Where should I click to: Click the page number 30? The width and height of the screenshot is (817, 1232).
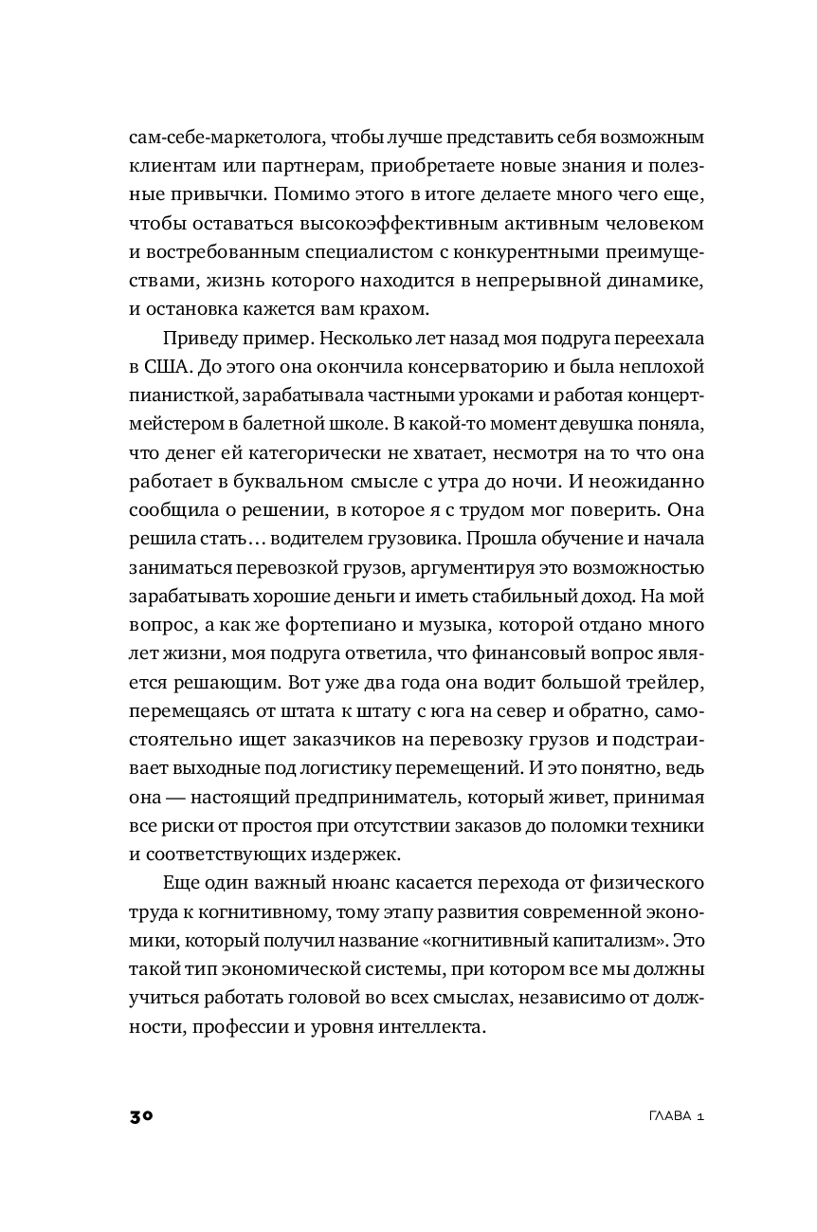pos(141,1116)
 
